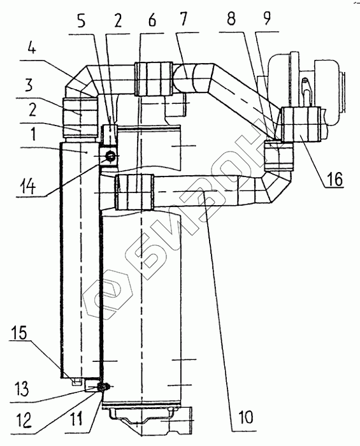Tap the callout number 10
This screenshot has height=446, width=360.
coord(245,417)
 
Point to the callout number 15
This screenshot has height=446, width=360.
coord(19,332)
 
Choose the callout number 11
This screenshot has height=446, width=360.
coord(76,419)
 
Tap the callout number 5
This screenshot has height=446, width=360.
coord(82,21)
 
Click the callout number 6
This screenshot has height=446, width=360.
coord(152,20)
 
